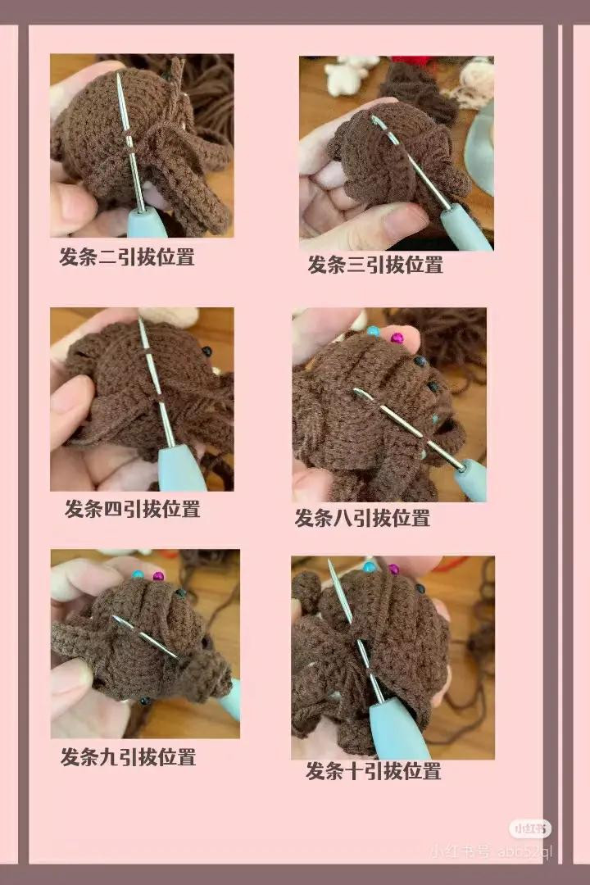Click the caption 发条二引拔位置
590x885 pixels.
pyautogui.click(x=127, y=256)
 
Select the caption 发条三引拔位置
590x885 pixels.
pyautogui.click(x=375, y=265)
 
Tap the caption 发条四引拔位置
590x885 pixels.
pyautogui.click(x=133, y=509)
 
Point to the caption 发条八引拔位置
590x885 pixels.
pyautogui.click(x=362, y=518)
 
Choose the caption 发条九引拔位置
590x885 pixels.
pyautogui.click(x=128, y=756)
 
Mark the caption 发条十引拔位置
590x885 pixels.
pyautogui.click(x=374, y=771)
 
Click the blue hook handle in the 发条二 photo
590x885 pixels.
pyautogui.click(x=147, y=223)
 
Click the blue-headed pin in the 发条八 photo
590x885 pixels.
pyautogui.click(x=374, y=332)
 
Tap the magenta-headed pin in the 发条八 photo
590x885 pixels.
pyautogui.click(x=397, y=338)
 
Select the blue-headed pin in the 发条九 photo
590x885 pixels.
pyautogui.click(x=138, y=575)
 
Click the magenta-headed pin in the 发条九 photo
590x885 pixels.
pyautogui.click(x=158, y=576)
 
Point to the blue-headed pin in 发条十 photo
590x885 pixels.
pyautogui.click(x=370, y=567)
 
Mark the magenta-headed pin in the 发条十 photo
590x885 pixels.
pyautogui.click(x=393, y=570)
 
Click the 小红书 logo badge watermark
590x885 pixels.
pyautogui.click(x=530, y=828)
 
